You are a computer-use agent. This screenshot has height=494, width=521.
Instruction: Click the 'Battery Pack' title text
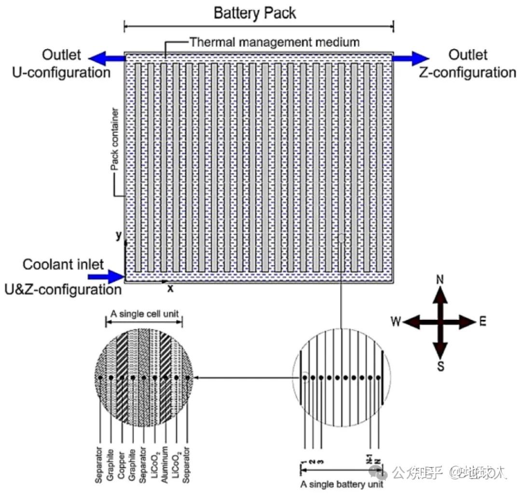[x=255, y=13]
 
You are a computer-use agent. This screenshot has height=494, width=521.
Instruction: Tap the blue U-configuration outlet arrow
[x=107, y=58]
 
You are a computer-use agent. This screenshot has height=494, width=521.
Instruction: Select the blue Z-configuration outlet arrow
[x=409, y=58]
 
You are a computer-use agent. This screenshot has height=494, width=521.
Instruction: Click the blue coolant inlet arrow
[x=106, y=276]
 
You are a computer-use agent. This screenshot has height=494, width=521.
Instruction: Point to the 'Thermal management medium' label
[x=274, y=42]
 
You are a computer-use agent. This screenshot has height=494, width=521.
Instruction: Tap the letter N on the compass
[x=440, y=280]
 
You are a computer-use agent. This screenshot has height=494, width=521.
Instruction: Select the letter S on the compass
[x=440, y=366]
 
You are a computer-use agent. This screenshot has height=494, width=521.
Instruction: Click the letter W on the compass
[x=396, y=322]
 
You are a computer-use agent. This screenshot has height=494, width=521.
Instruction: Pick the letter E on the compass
[x=483, y=322]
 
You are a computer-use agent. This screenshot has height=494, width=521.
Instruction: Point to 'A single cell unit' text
[x=145, y=314]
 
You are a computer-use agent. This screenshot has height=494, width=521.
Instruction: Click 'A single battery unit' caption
[x=342, y=484]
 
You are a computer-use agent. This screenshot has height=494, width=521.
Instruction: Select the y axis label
[x=118, y=235]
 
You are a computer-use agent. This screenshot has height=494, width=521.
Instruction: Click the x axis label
[x=170, y=288]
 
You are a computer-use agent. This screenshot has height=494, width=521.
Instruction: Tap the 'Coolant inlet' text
[x=63, y=264]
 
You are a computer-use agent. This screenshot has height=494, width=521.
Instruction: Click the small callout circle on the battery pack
[x=341, y=238]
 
